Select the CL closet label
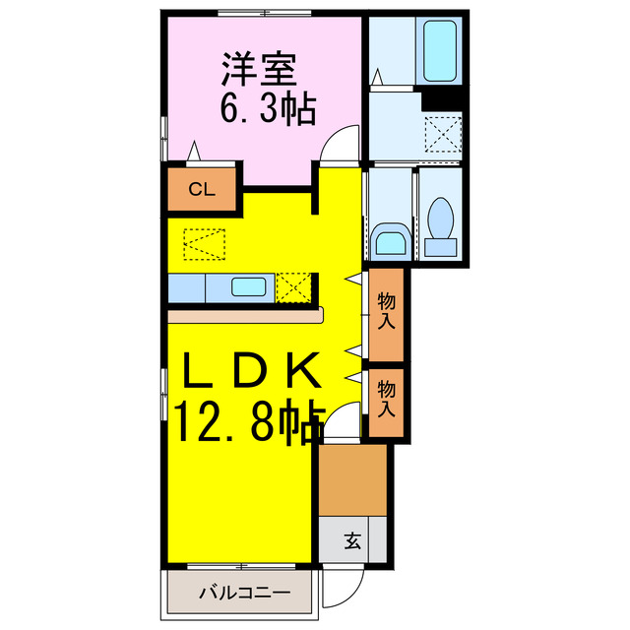tap(201, 191)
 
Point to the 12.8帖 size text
tap(250, 420)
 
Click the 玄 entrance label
tap(351, 539)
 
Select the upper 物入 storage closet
tap(387, 314)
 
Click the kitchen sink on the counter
tap(247, 287)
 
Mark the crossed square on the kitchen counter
tap(293, 287)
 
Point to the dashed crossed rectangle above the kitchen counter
tap(205, 242)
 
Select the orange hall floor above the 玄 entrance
tap(352, 478)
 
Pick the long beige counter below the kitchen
tap(245, 316)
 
